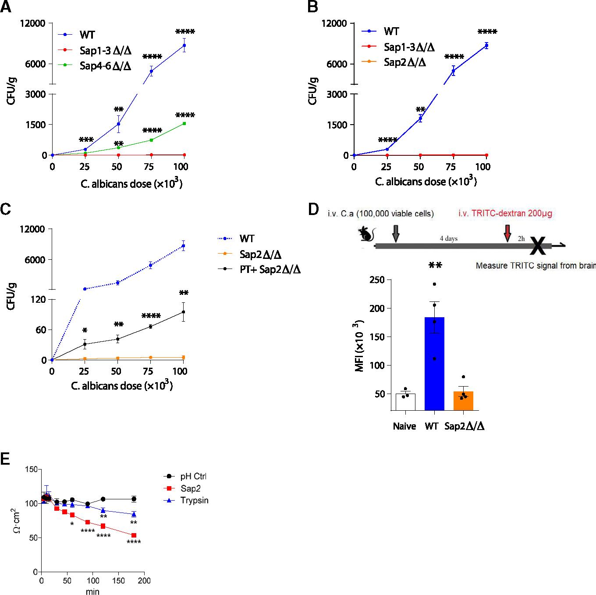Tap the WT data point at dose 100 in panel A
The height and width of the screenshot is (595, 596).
click(x=184, y=45)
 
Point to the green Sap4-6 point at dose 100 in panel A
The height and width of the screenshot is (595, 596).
click(x=184, y=123)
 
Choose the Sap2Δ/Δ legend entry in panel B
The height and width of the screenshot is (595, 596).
click(x=404, y=62)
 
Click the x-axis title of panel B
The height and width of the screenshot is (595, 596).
click(x=426, y=181)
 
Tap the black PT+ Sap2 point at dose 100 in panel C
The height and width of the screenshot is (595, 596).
click(x=183, y=312)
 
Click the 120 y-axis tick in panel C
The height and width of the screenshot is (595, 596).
click(x=37, y=300)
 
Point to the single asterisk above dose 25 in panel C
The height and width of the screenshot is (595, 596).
click(x=85, y=330)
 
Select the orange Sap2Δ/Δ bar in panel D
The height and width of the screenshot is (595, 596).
click(x=464, y=400)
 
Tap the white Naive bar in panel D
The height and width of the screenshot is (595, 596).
click(x=405, y=401)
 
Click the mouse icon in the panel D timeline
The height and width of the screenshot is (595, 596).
click(x=365, y=234)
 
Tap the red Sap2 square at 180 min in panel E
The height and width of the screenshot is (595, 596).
click(x=134, y=535)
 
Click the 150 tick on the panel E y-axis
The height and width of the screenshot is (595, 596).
click(x=32, y=469)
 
